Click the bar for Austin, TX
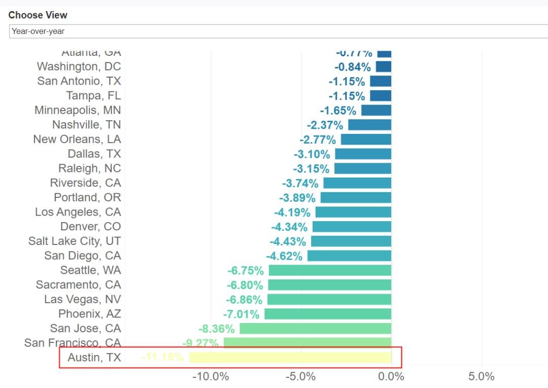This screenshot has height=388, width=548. (290, 358)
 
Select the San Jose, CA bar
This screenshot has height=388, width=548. (315, 329)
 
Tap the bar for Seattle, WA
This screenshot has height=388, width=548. (330, 270)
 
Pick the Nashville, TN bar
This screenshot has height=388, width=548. (369, 125)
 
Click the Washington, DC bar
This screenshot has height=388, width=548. (383, 66)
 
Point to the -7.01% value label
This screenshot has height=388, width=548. (241, 314)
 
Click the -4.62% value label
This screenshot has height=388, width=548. (284, 256)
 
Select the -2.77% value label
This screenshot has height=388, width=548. (318, 139)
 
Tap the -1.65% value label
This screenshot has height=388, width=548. (338, 110)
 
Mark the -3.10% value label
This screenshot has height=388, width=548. (312, 154)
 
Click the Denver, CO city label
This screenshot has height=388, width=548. (91, 227)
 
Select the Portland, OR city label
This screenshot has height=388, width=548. (88, 197)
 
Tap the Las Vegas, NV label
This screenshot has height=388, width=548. (83, 299)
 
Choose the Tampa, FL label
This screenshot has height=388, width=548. (93, 96)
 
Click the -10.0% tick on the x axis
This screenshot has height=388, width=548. (211, 377)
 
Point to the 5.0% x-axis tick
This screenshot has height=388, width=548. (481, 377)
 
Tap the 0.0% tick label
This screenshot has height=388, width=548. (391, 377)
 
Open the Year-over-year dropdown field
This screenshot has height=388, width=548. (278, 31)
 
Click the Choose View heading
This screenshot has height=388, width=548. (38, 15)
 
